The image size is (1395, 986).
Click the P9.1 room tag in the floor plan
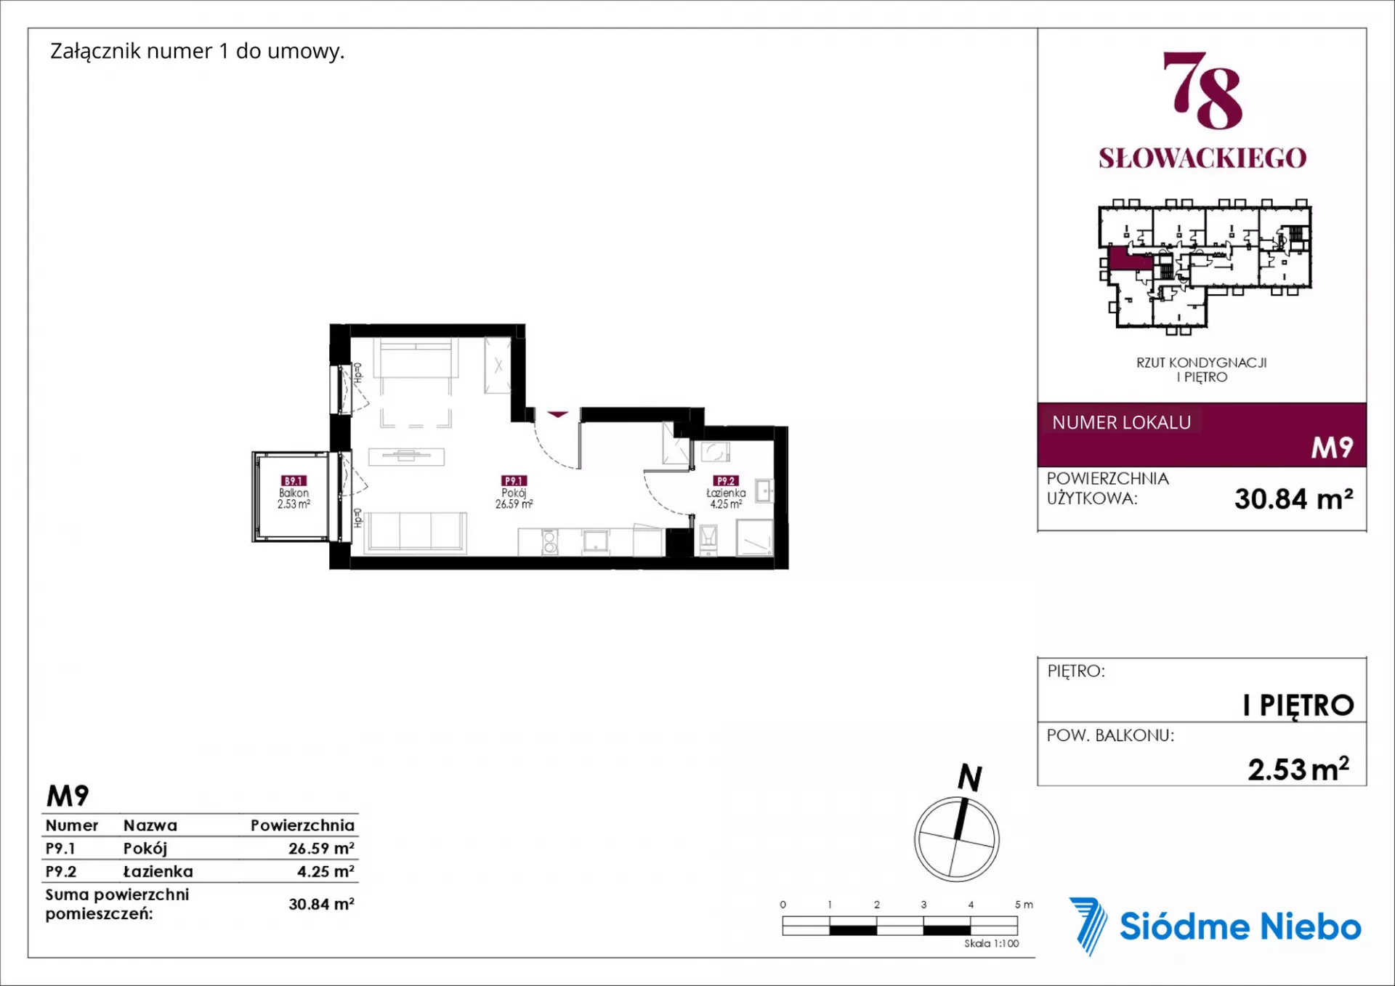(514, 481)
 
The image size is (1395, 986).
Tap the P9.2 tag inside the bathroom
(726, 481)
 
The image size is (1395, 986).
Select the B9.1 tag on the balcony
(294, 481)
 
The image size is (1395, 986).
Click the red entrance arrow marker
(557, 414)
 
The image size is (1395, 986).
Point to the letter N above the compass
(970, 777)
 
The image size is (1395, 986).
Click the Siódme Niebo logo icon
(1088, 926)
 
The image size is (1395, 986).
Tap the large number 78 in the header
(1202, 90)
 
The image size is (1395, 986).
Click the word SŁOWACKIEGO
(1202, 158)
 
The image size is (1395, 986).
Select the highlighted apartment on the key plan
(1130, 259)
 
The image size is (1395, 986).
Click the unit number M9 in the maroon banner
(1332, 448)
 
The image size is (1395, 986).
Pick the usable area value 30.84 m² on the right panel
(1293, 499)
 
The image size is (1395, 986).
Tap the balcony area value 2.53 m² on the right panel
(1298, 769)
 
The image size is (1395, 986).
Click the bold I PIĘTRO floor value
(1298, 705)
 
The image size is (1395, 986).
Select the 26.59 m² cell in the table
(321, 848)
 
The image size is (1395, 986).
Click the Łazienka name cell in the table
(158, 871)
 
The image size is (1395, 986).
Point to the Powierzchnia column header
(302, 825)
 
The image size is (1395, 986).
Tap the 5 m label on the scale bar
(1024, 905)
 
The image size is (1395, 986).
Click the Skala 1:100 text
(991, 943)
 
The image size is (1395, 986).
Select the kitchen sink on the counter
(596, 541)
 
